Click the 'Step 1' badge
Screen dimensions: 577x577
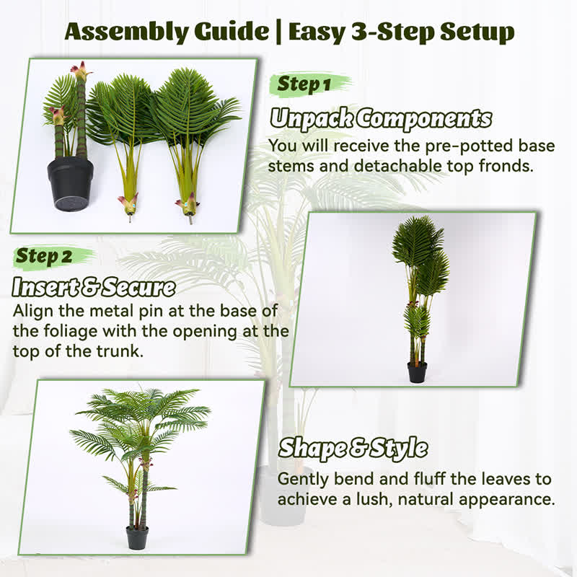pos(304,84)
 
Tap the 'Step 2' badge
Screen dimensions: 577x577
pos(44,256)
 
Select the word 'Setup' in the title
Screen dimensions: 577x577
pos(477,32)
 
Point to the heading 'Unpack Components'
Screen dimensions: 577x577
pos(381,119)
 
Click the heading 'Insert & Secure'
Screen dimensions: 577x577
pos(94,287)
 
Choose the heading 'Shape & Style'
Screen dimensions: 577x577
pos(353,448)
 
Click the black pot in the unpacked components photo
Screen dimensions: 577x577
pos(70,183)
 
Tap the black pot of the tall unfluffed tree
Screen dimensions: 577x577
pos(417,372)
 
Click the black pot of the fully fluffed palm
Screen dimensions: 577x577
pos(137,537)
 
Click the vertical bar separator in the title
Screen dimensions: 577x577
pos(278,32)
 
